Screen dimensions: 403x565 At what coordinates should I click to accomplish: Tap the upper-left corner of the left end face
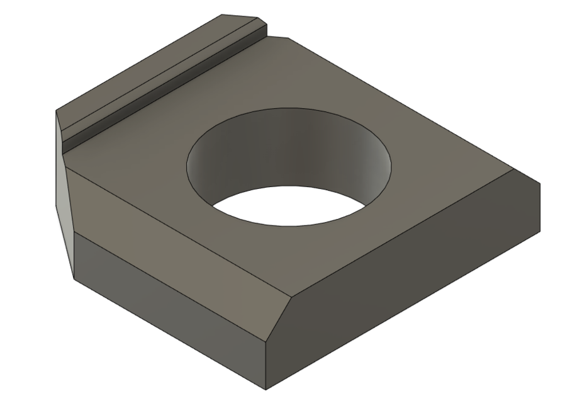pyautogui.click(x=57, y=111)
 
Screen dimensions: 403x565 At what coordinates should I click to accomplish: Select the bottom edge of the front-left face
pyautogui.click(x=170, y=334)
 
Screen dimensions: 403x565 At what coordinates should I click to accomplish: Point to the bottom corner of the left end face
pyautogui.click(x=74, y=279)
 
